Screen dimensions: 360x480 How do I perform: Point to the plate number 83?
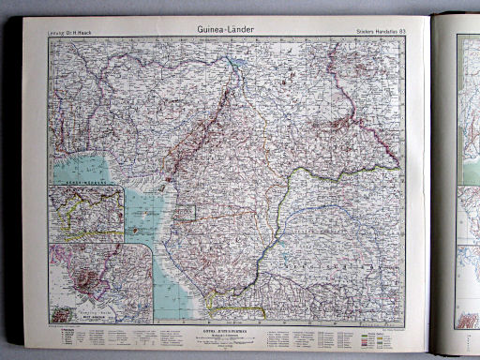pos(402,34)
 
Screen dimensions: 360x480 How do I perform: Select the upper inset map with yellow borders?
pos(87,213)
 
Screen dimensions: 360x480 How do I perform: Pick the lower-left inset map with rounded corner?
pos(100,283)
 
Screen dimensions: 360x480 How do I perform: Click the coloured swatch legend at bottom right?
pos(383,335)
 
